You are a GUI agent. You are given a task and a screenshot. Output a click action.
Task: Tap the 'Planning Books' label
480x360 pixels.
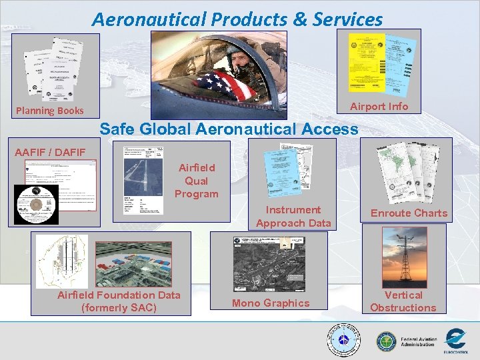tap(50, 111)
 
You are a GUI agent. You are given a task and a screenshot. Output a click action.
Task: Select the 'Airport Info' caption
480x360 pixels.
tap(379, 107)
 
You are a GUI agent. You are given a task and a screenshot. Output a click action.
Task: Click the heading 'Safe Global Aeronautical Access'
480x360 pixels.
tap(229, 129)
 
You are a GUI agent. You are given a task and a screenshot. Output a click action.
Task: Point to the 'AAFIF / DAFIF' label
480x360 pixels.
tap(51, 153)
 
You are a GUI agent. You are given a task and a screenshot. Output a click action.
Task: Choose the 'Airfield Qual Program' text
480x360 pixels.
tap(197, 181)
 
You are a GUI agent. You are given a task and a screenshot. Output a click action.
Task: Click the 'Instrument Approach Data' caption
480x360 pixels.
tap(293, 216)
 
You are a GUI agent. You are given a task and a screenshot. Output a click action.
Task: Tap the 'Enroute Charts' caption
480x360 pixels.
tap(409, 213)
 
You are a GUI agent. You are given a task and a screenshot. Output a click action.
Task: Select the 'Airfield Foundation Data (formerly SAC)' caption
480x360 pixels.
tap(119, 301)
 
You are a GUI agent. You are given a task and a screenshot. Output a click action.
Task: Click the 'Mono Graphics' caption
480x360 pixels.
tap(270, 303)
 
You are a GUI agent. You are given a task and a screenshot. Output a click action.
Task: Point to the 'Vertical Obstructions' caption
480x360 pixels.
tap(403, 301)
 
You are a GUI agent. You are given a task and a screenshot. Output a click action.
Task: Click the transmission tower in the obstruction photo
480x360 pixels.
tap(404, 257)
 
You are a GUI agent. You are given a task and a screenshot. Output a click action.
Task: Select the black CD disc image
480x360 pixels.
tap(37, 204)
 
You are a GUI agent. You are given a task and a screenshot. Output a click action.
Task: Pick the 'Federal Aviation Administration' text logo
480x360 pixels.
tap(418, 341)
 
